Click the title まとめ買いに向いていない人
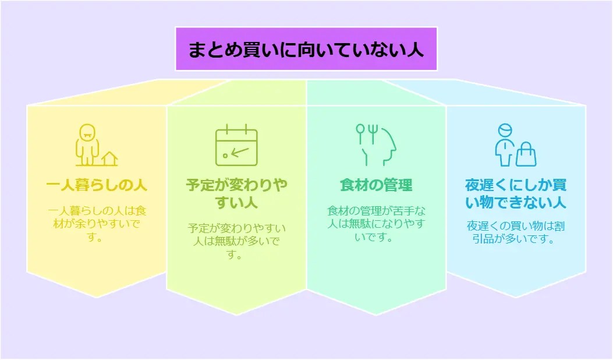coord(306,49)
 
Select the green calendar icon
coord(236,145)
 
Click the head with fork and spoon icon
coord(376,145)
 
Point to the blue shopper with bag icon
coord(515,145)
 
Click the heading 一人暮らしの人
coord(97,186)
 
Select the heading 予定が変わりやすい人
coord(236,194)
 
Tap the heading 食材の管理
coord(376,186)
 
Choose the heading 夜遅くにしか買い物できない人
coord(516,194)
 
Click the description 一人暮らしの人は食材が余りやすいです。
coord(97,224)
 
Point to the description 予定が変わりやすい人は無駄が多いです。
coord(236,241)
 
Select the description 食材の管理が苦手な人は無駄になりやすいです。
coord(376,224)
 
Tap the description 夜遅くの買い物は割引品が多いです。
coord(516,232)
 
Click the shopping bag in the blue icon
coord(526,154)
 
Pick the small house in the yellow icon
coord(109,158)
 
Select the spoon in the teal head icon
coord(360,133)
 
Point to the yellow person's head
coord(86,131)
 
